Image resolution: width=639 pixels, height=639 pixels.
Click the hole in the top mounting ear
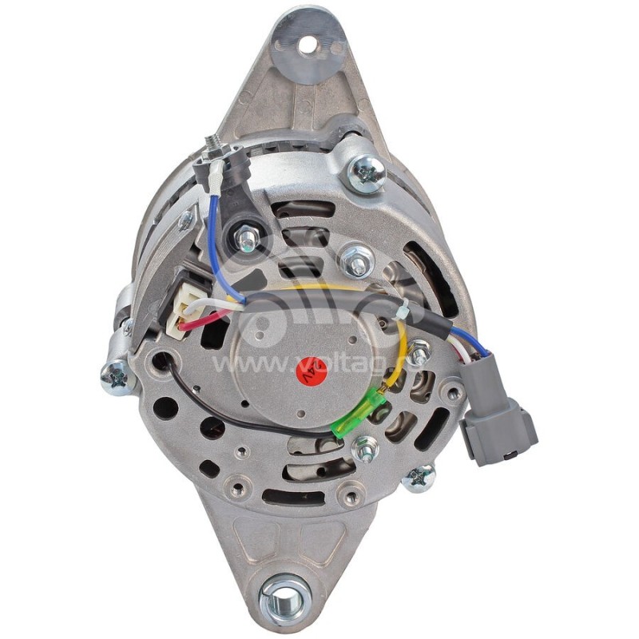pos(308,45)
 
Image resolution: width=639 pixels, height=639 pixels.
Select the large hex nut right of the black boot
pos(355,260)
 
